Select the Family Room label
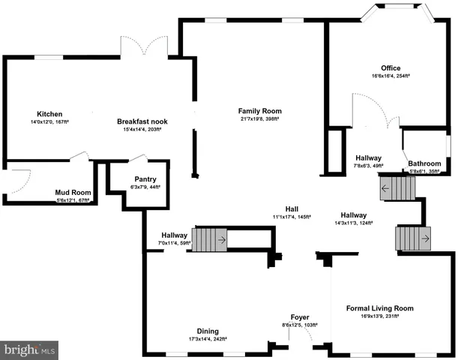(259, 111)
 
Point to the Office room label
(391, 67)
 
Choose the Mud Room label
(73, 192)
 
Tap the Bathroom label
(424, 163)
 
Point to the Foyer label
(300, 317)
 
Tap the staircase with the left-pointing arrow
(397, 187)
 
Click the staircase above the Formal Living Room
(412, 239)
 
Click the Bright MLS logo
(30, 349)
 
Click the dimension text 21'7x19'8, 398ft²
(259, 118)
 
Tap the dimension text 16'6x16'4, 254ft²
(391, 76)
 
